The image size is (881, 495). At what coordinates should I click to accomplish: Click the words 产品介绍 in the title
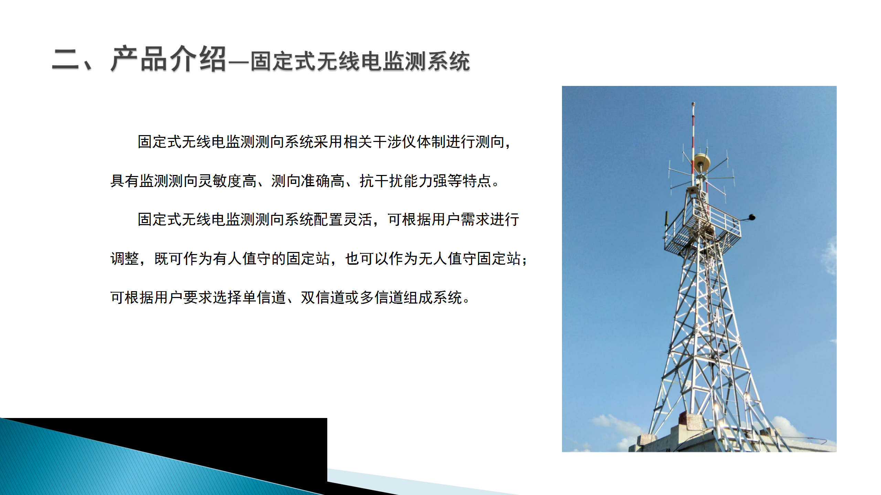tap(168, 59)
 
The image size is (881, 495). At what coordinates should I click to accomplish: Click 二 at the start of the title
tap(65, 59)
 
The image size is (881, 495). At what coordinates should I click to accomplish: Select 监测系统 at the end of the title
tap(426, 61)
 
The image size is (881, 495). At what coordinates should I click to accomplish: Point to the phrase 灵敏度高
tap(227, 181)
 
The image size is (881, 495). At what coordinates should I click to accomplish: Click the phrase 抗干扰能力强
tap(403, 181)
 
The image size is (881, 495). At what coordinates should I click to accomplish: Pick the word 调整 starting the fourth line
tap(125, 258)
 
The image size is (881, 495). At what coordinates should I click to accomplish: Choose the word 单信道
tap(264, 297)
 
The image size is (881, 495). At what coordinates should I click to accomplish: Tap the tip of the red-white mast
tap(693, 103)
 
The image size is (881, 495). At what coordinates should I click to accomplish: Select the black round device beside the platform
tap(752, 217)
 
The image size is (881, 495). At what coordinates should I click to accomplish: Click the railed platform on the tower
tap(702, 227)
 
